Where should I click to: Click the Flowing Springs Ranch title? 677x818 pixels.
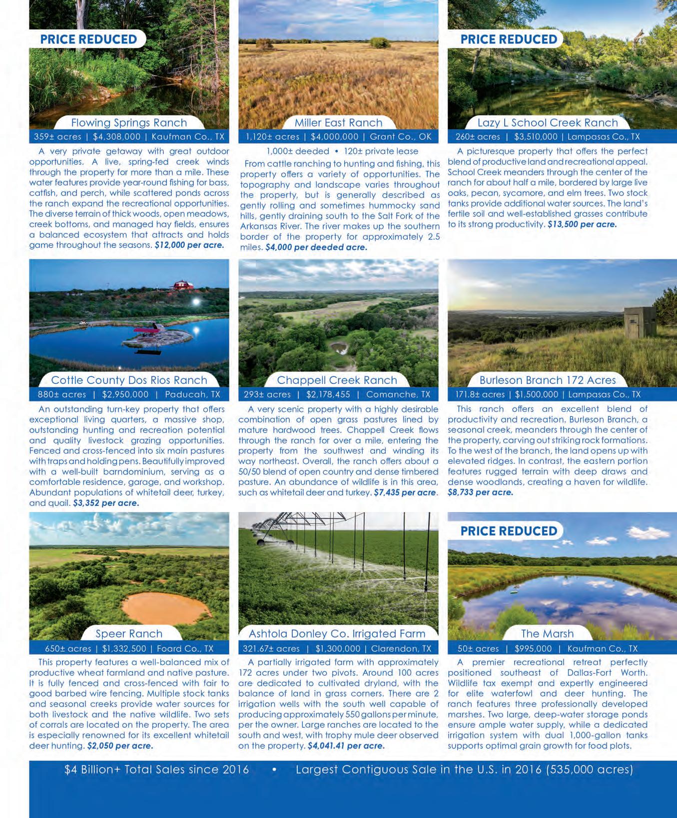click(x=129, y=122)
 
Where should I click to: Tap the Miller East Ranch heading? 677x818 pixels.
click(x=338, y=122)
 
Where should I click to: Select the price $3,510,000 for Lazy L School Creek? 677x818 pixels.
click(x=535, y=136)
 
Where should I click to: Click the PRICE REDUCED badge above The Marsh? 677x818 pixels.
click(x=509, y=531)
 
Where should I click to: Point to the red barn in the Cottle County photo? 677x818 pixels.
click(x=183, y=285)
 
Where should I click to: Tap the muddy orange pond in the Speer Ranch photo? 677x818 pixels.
click(x=166, y=607)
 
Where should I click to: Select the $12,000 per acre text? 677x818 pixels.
click(x=189, y=245)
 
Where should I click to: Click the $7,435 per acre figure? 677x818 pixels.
click(x=405, y=492)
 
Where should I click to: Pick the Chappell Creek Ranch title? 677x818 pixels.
click(x=337, y=380)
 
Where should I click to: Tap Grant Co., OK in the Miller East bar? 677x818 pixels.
click(x=400, y=136)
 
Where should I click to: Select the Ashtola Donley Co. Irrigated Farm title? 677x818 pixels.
click(x=337, y=633)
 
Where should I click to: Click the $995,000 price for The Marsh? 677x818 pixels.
click(x=533, y=648)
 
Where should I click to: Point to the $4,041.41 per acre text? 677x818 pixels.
click(x=346, y=745)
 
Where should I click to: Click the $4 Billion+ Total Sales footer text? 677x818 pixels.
click(x=156, y=769)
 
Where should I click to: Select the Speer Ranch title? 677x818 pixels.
click(x=129, y=633)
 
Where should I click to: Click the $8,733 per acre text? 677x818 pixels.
click(x=480, y=492)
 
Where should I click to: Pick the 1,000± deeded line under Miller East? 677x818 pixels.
click(x=298, y=151)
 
